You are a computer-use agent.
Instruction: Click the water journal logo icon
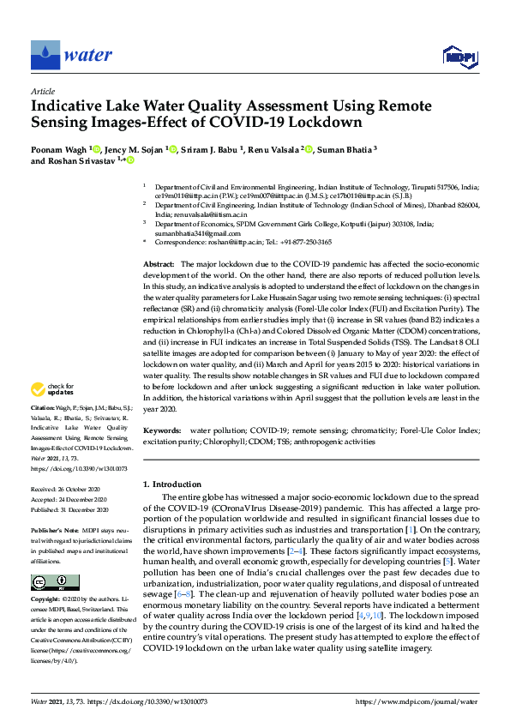[x=45, y=56]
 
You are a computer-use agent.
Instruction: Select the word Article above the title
[x=43, y=91]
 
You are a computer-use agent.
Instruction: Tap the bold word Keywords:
[x=161, y=430]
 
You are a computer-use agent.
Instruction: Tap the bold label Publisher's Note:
[x=53, y=530]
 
